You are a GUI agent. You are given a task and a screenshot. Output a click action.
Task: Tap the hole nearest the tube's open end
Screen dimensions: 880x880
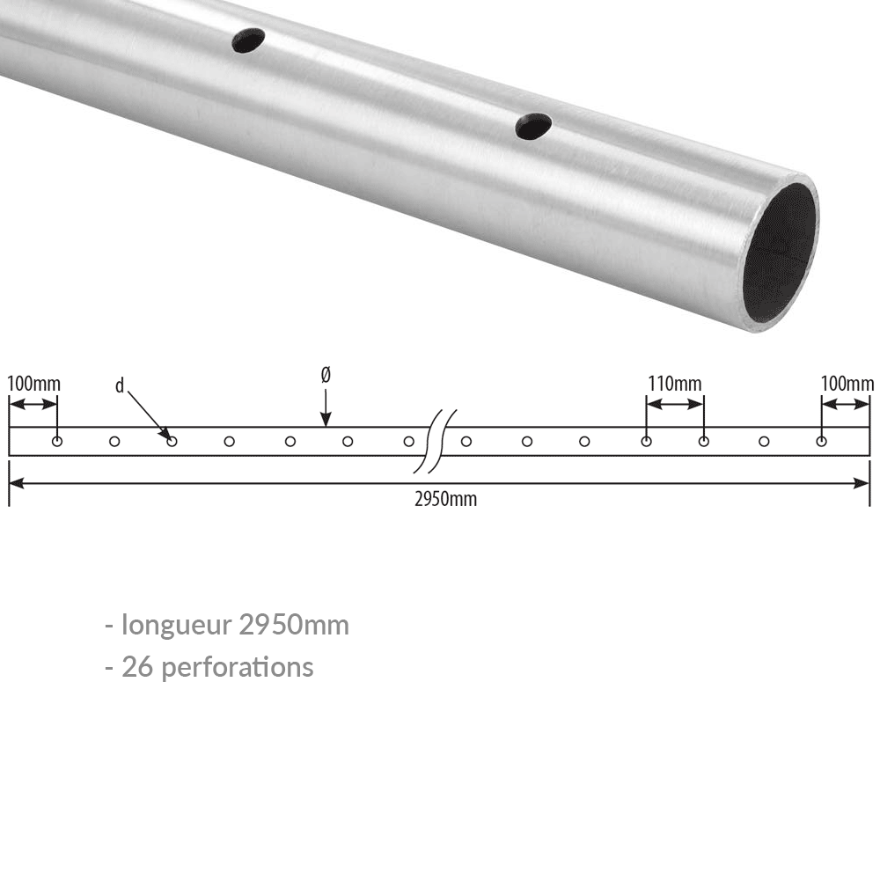point(533,127)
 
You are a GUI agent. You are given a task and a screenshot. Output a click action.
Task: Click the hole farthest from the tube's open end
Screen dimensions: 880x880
point(248,40)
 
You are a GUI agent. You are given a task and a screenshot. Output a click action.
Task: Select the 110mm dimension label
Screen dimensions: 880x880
point(675,384)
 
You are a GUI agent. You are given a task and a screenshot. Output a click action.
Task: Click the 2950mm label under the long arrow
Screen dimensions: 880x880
point(445,499)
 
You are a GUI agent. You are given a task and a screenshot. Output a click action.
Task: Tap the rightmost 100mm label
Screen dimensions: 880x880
point(847,384)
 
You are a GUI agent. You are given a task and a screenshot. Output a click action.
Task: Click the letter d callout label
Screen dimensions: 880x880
point(120,385)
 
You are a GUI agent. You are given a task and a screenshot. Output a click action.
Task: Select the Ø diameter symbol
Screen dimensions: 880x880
point(326,375)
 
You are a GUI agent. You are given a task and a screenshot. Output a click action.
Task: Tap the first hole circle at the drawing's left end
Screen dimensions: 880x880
point(57,441)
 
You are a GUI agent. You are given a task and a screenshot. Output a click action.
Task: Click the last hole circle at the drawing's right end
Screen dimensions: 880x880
point(821,441)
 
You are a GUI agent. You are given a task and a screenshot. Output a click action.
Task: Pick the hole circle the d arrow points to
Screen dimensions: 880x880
point(172,441)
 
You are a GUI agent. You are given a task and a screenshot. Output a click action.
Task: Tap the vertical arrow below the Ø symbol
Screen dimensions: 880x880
point(326,408)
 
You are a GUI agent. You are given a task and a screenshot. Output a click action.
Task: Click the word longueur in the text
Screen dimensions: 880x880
point(177,625)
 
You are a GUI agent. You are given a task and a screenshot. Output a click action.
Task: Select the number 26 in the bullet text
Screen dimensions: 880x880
point(136,666)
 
